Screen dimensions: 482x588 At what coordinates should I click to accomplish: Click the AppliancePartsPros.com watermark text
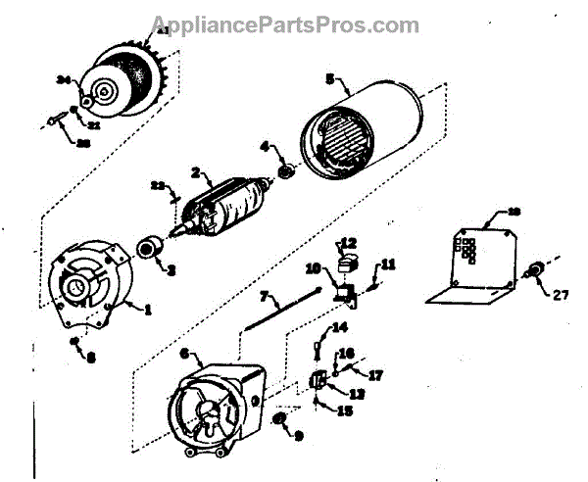[285, 24]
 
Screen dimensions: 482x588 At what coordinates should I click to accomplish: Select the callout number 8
[91, 358]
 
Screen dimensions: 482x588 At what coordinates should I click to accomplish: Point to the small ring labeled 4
[287, 172]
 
